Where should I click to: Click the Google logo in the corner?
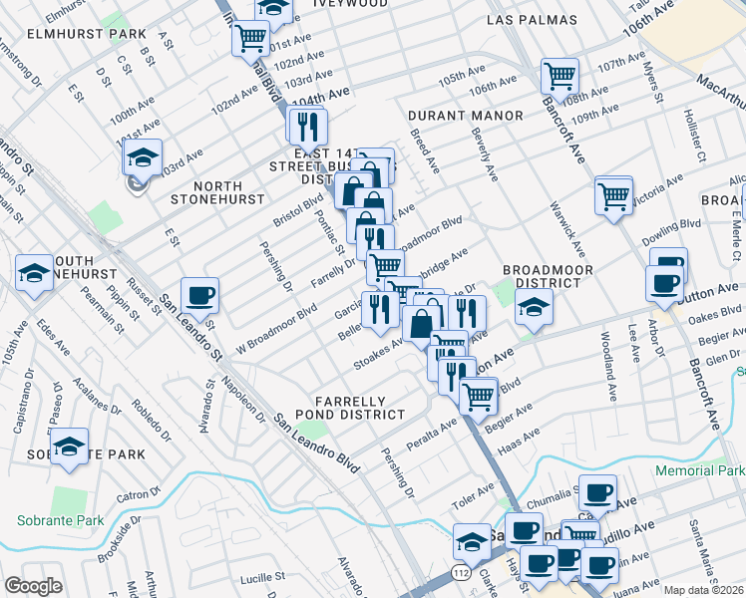33,586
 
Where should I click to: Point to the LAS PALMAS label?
532,20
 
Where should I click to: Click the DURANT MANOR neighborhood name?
465,116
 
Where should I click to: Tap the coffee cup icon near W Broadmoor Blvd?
199,295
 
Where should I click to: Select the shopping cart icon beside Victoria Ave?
613,194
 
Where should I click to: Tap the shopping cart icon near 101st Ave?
251,39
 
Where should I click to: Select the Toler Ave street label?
474,495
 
